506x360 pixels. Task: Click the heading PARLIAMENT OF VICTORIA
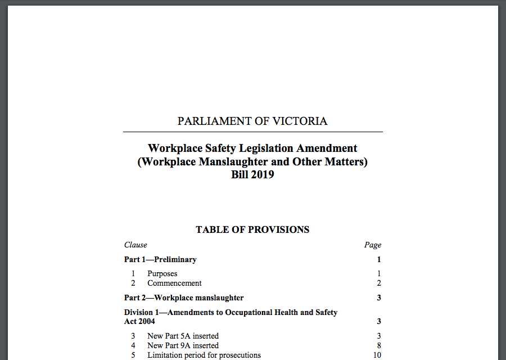[252, 121]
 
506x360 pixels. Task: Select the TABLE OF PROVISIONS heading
[252, 229]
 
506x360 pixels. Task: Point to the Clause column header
[135, 245]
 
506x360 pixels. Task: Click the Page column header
[372, 245]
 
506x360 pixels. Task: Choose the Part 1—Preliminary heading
[160, 259]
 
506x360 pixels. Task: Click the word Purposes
[162, 274]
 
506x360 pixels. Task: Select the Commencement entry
[174, 283]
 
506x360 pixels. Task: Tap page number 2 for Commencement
[379, 283]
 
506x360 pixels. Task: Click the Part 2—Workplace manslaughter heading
[184, 298]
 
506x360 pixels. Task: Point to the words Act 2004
[139, 321]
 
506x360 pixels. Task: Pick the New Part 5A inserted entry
[183, 336]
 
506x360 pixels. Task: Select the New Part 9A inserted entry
[183, 345]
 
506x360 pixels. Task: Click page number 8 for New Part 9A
[379, 345]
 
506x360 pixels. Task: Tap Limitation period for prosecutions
[204, 355]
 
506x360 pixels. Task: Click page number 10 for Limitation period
[377, 355]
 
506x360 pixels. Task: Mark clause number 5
[133, 355]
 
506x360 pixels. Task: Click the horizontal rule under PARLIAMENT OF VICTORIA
[252, 132]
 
